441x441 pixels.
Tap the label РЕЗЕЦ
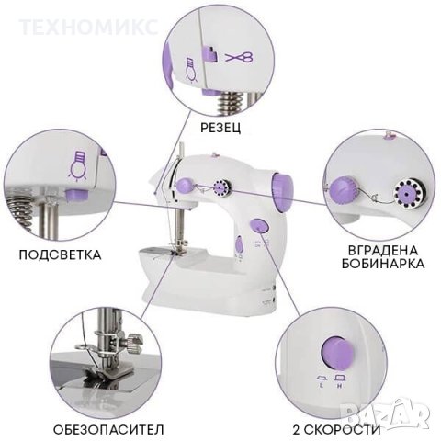click(x=220, y=127)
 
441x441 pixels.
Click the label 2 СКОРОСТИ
click(x=338, y=428)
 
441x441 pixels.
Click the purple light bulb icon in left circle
click(x=79, y=166)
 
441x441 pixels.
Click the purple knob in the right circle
click(x=344, y=190)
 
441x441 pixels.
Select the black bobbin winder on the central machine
click(x=220, y=187)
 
